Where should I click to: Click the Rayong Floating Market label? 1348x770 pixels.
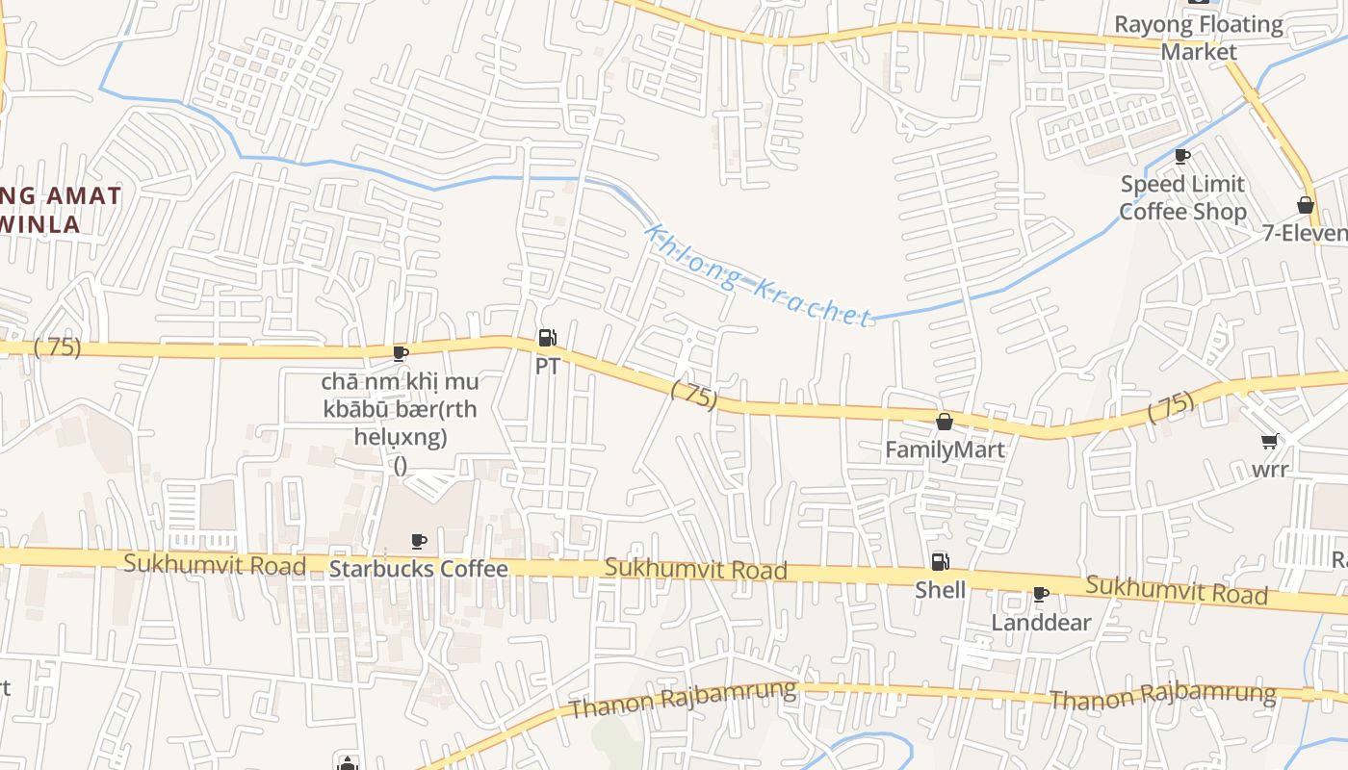(x=1199, y=38)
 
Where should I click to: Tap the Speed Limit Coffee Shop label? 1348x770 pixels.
(x=1182, y=197)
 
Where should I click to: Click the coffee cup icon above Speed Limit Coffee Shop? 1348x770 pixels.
(x=1182, y=156)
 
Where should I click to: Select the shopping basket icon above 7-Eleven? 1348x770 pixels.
(x=1306, y=205)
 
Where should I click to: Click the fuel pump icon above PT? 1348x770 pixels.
(x=547, y=338)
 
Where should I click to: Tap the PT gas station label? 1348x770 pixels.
(x=547, y=367)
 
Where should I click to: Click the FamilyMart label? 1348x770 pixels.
(x=945, y=449)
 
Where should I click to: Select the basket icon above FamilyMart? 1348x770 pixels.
(x=945, y=422)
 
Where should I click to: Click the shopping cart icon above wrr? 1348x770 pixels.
(x=1270, y=442)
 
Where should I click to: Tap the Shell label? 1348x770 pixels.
(x=940, y=590)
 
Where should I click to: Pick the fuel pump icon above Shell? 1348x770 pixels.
(x=940, y=562)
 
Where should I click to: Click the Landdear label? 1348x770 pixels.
(x=1041, y=623)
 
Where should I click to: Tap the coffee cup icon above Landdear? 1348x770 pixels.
(x=1040, y=595)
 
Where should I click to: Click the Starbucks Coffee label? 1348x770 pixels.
(x=418, y=569)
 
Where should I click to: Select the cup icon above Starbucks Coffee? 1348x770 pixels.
(x=418, y=541)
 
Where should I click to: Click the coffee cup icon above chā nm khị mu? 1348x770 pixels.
(x=401, y=353)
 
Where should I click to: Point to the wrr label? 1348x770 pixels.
(x=1270, y=471)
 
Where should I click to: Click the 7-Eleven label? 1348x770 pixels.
(x=1307, y=234)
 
